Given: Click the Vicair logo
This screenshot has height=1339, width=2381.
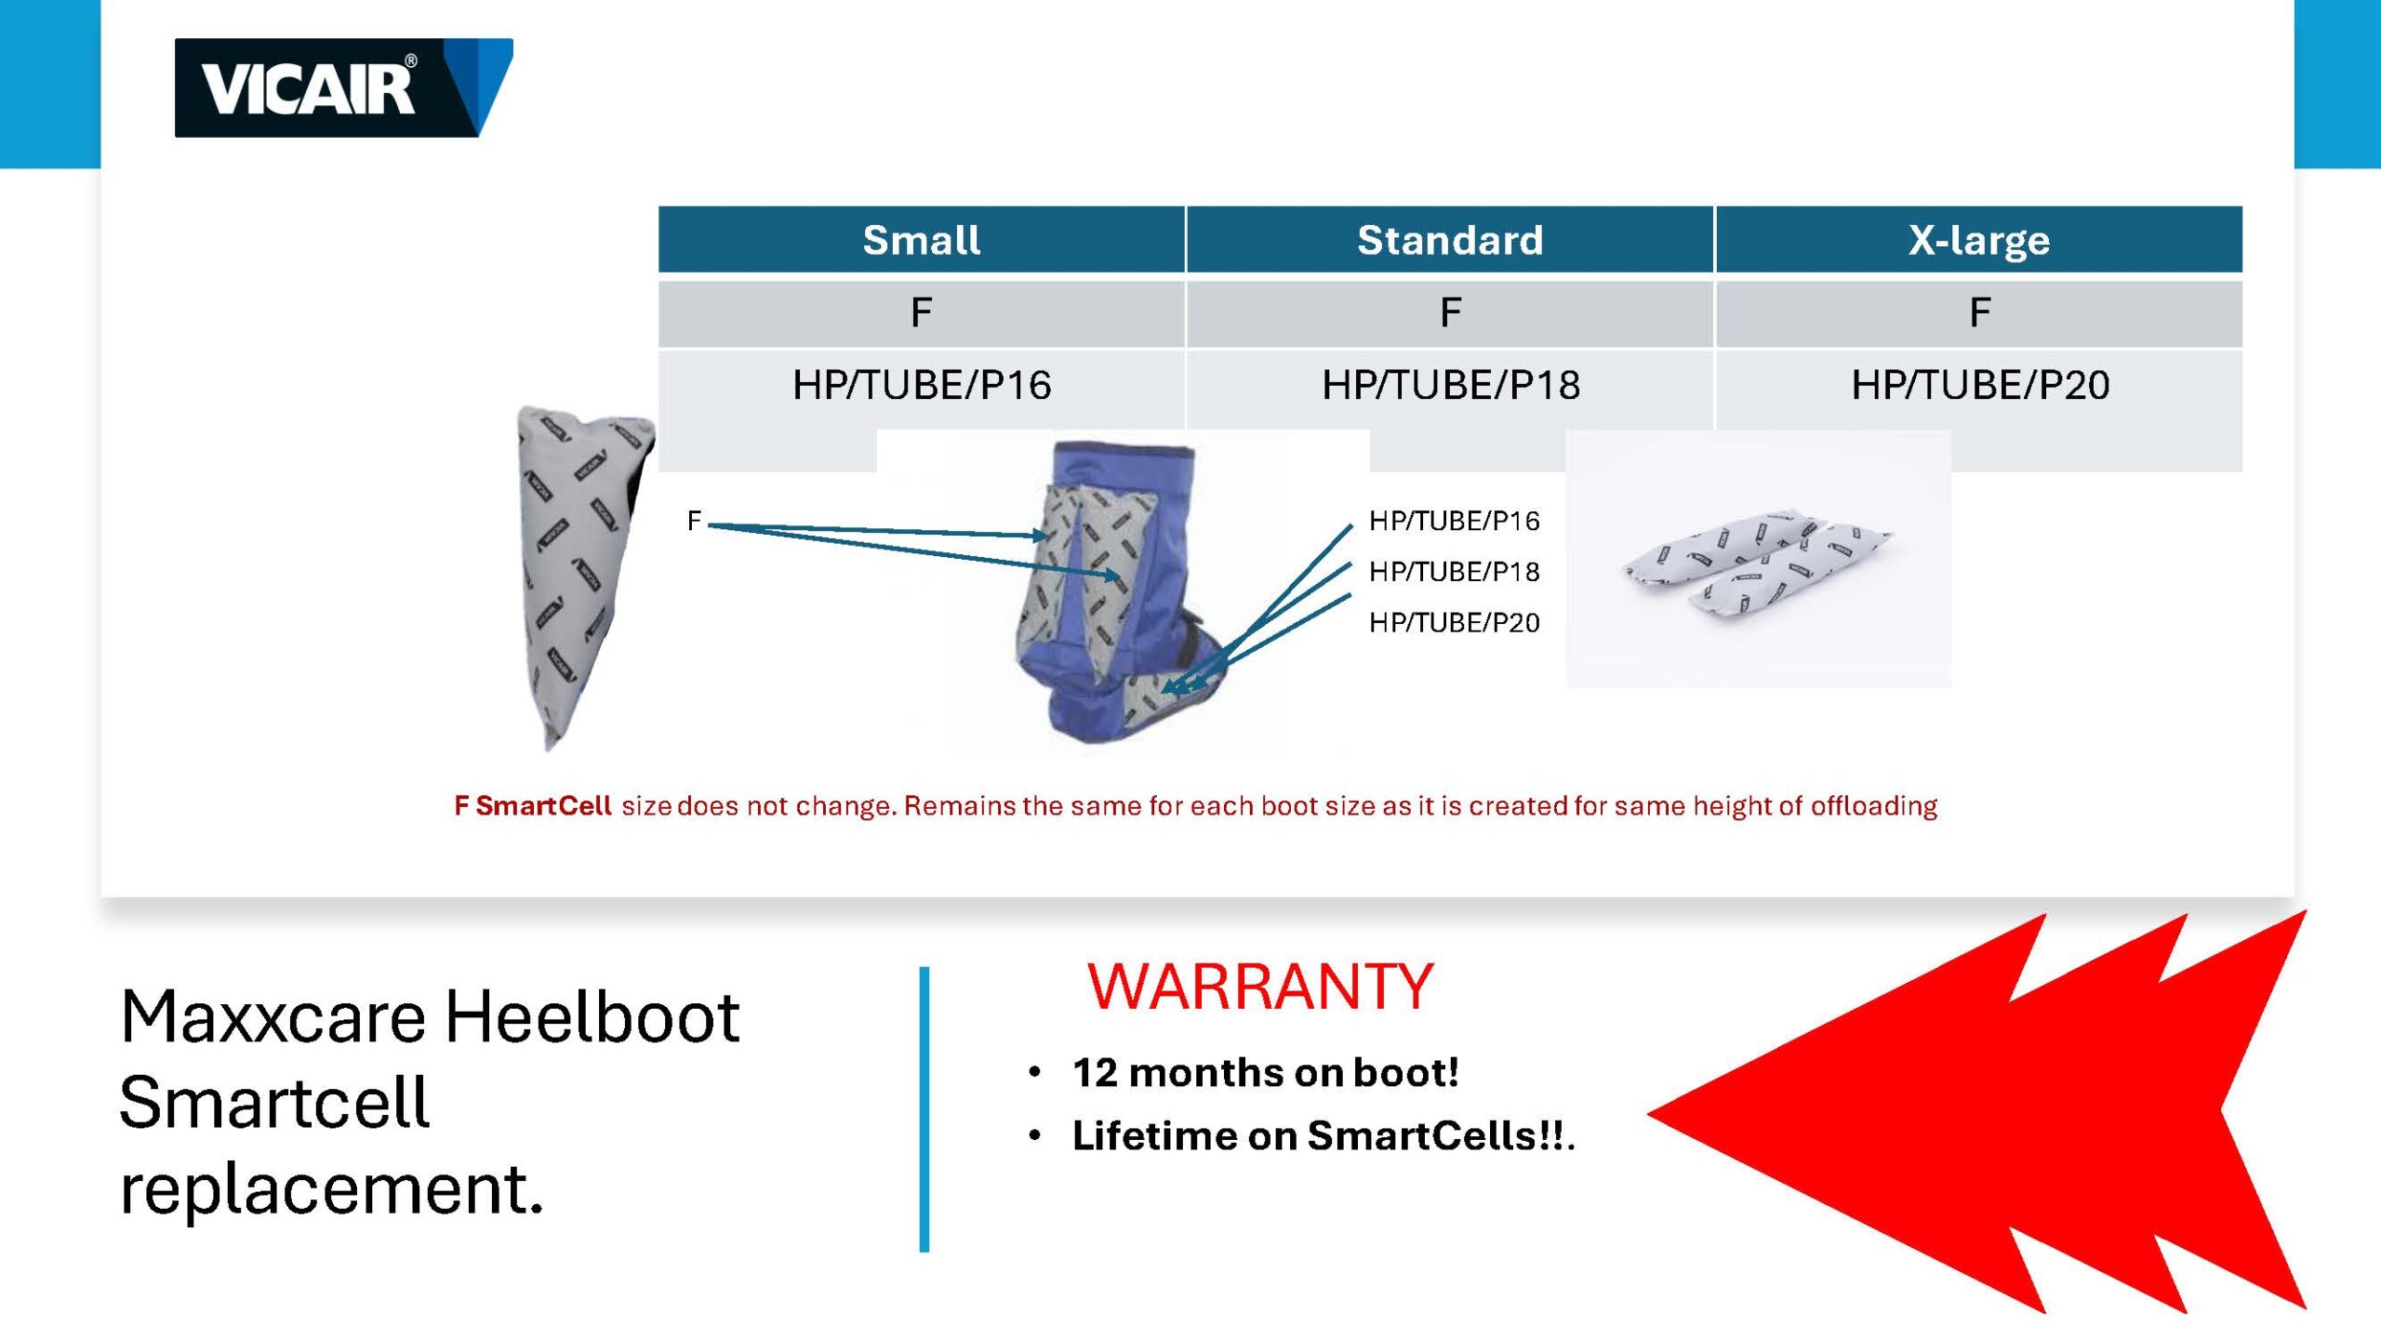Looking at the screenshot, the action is (343, 87).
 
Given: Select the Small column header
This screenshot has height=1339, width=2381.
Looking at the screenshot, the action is (922, 240).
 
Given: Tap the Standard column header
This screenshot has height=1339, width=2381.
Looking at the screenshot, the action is (1450, 240).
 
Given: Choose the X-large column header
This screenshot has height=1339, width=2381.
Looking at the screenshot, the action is (1979, 240).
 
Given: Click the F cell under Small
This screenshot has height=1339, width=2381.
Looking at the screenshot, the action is (922, 313).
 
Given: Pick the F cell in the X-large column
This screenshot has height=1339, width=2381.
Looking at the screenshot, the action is (1979, 313).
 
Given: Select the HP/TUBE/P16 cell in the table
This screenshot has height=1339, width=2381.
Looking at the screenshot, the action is (922, 385).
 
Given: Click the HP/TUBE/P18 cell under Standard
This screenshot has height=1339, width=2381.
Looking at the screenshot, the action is (1450, 385).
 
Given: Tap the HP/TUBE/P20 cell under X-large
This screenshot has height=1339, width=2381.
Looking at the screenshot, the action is (1979, 385).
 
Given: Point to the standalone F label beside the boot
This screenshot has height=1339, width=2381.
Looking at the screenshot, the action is (694, 521).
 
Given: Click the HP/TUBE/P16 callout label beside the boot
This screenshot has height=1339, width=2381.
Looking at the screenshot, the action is (1454, 521).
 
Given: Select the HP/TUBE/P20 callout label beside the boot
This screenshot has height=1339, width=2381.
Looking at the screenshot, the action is (1454, 622).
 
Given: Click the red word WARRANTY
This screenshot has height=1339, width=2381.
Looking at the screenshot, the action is (1260, 987).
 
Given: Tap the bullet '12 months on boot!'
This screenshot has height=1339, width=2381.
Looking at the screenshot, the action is (1265, 1072).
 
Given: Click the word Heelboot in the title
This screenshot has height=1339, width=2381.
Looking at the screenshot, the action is (592, 1016).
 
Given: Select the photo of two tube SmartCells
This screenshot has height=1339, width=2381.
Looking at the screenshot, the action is (1758, 559).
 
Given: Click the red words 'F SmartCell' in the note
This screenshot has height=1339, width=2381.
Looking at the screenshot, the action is (532, 805).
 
